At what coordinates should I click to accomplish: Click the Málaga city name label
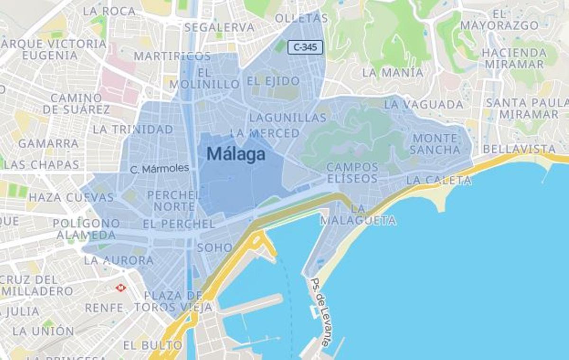(236, 154)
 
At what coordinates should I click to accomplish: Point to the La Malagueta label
(358, 214)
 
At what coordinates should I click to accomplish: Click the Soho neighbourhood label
(215, 247)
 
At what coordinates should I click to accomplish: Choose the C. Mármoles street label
(159, 168)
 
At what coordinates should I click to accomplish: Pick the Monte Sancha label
(435, 144)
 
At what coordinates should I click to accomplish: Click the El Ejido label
(273, 81)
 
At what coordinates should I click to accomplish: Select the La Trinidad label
(133, 129)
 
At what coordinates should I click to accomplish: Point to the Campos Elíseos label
(352, 173)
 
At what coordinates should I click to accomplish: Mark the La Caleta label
(439, 180)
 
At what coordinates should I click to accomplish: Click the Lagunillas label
(288, 117)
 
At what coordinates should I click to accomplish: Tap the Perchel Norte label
(174, 201)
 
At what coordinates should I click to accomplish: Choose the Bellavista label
(519, 149)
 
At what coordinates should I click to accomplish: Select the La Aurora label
(119, 260)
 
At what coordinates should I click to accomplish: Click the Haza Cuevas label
(71, 197)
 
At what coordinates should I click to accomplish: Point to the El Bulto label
(152, 345)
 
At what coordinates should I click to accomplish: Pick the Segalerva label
(219, 27)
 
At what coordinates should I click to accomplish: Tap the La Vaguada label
(423, 104)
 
